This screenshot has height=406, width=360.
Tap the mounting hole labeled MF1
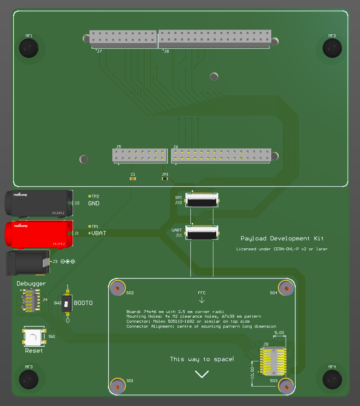[x=29, y=48]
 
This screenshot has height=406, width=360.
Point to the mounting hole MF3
[x=29, y=379]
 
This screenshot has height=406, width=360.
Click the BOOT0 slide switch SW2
[x=67, y=304]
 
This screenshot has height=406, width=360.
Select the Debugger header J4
[x=29, y=301]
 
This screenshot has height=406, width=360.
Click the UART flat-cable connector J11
[x=201, y=233]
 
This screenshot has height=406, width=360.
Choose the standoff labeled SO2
[x=117, y=288]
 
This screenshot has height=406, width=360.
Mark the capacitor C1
[x=133, y=178]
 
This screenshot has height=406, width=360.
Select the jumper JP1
[x=165, y=178]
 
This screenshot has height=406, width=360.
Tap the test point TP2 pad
[x=90, y=197]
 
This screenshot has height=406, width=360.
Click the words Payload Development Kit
[x=282, y=239]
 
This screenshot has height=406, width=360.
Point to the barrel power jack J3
[x=28, y=263]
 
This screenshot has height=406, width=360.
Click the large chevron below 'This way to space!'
[x=202, y=374]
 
